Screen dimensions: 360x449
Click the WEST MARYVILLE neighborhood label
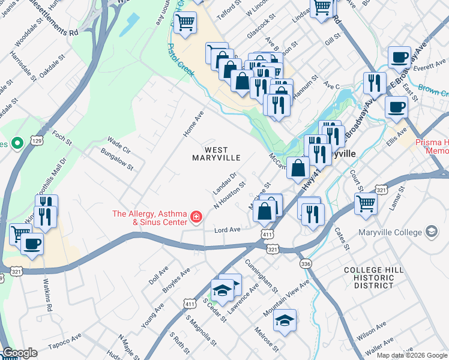pyautogui.click(x=216, y=154)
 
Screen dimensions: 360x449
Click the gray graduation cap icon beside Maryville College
pyautogui.click(x=431, y=231)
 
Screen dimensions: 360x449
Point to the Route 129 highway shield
pyautogui.click(x=37, y=140)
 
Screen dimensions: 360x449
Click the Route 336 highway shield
pyautogui.click(x=306, y=263)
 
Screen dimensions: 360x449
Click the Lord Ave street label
pyautogui.click(x=228, y=230)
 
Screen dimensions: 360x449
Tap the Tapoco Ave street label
pyautogui.click(x=64, y=346)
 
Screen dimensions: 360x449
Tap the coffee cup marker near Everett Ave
pyautogui.click(x=399, y=58)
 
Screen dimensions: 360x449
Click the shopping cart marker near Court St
pyautogui.click(x=365, y=203)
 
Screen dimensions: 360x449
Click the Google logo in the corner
pyautogui.click(x=19, y=353)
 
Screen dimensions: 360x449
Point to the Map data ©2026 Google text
pyautogui.click(x=412, y=355)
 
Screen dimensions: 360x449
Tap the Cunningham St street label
pyautogui.click(x=262, y=276)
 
